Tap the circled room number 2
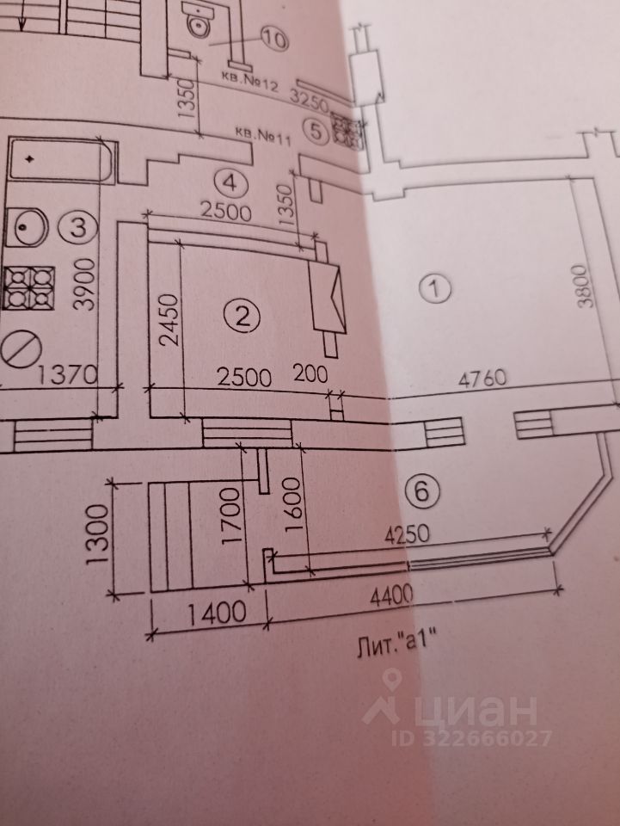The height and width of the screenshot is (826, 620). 242,317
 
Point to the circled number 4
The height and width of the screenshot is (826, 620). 230,182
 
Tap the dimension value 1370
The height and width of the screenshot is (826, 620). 69,375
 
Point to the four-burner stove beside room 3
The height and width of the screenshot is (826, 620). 28,287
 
